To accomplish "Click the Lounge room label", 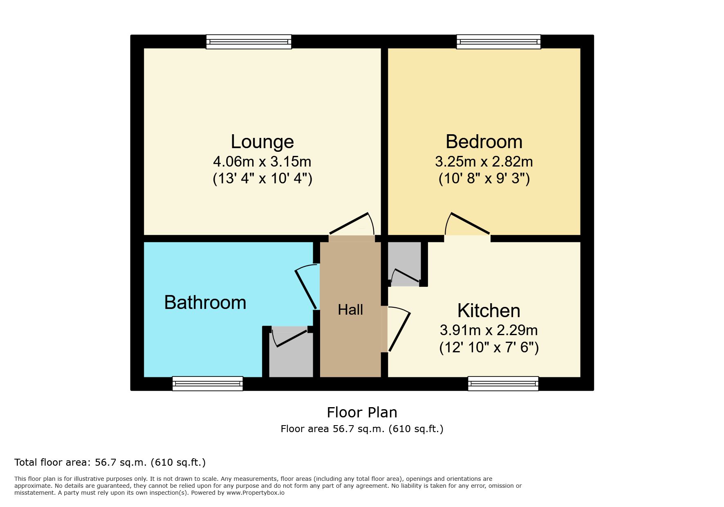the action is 262,142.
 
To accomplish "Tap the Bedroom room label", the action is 484,142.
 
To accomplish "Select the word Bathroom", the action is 205,303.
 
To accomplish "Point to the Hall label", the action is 350,310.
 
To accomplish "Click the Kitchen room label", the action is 489,311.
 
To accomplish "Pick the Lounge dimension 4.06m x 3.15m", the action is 262,162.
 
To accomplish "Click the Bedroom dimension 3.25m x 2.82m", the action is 484,162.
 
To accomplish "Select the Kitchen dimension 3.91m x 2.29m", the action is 489,330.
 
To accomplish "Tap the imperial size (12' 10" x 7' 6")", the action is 489,347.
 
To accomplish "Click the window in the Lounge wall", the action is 249,42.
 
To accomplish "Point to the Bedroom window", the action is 499,42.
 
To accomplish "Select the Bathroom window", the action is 208,383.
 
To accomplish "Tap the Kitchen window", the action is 503,383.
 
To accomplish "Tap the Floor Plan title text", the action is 362,412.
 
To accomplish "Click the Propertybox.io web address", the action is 256,493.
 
